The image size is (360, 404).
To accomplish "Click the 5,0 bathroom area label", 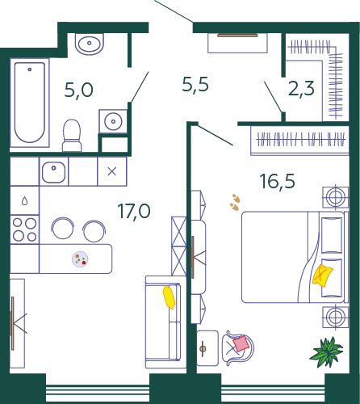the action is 78,90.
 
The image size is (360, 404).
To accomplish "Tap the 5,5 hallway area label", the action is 195,84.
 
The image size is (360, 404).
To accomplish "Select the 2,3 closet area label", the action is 301,89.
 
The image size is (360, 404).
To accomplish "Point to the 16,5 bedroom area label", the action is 278,181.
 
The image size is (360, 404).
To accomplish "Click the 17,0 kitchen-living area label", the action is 134,211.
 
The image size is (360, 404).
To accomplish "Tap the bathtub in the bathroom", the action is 30,103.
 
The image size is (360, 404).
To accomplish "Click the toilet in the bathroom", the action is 72,136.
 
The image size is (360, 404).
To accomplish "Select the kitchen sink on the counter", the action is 53,172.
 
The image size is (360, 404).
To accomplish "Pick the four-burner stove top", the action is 25,229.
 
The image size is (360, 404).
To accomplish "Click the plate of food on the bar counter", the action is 80,259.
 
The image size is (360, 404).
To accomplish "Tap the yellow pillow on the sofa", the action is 169,297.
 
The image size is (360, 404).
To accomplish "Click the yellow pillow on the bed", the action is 322,276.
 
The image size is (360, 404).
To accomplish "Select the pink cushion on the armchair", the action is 241,343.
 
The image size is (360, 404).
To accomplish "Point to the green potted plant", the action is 326,352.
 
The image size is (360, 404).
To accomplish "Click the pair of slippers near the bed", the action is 235,202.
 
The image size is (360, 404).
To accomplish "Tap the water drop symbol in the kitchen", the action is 24,200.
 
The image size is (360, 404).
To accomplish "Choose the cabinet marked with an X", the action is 112,171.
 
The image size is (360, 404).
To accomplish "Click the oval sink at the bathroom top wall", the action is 90,44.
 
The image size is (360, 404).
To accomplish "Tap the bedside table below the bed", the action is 336,317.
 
